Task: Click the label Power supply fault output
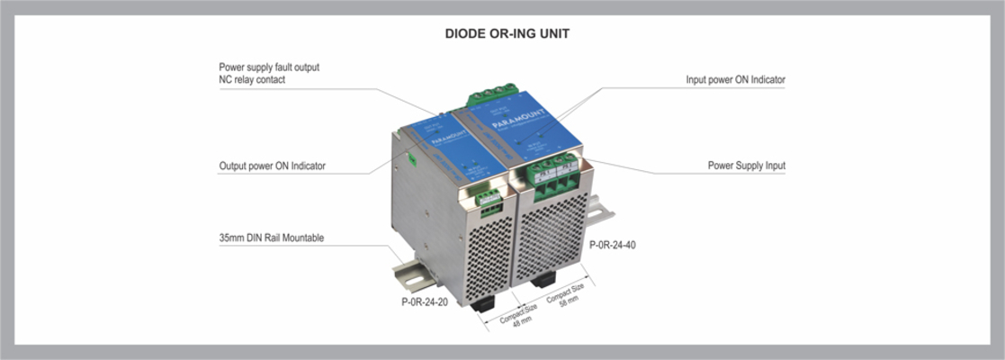coord(269,67)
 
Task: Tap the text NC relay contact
coord(252,80)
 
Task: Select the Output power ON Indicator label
coord(272,166)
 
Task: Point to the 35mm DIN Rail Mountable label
coord(271,238)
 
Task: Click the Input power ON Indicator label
coord(735,80)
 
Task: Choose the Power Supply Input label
coord(747,166)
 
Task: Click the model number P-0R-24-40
coord(612,245)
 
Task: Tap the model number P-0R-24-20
coord(425,301)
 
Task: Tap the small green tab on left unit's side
coord(412,158)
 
